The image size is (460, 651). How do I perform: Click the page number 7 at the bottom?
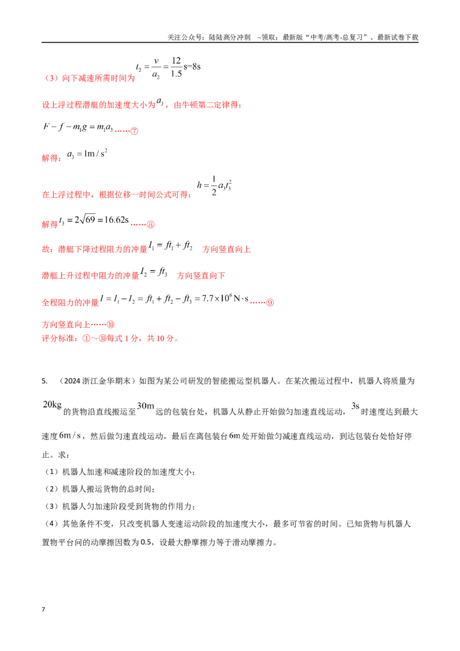43,609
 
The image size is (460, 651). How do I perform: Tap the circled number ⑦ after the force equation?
134,131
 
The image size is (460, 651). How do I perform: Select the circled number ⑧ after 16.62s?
150,225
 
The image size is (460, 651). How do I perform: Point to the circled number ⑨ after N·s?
270,302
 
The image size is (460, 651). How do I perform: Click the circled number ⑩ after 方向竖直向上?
110,324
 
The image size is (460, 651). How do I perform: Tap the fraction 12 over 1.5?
176,67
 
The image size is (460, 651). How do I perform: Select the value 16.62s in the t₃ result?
116,220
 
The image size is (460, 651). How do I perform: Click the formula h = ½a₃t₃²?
214,186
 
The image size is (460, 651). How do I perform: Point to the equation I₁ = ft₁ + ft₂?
170,246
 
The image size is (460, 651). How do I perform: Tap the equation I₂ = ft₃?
154,272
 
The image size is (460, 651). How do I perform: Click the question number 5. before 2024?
44,381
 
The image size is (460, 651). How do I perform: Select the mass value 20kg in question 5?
52,405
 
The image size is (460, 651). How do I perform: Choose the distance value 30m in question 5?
145,405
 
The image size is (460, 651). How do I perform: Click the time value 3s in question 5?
355,405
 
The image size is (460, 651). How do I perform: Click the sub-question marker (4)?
52,524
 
